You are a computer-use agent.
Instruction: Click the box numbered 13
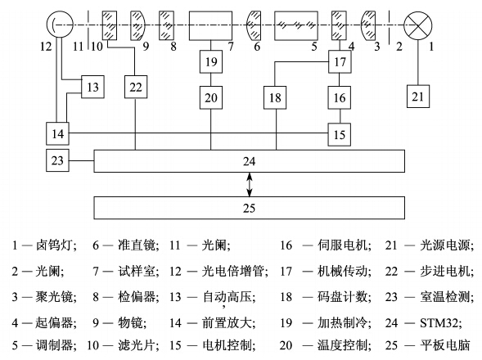pyautogui.click(x=92, y=87)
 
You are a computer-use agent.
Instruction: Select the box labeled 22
pyautogui.click(x=136, y=87)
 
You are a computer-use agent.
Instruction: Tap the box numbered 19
pyautogui.click(x=211, y=62)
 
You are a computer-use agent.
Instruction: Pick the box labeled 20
pyautogui.click(x=211, y=97)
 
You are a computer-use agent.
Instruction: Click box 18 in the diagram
pyautogui.click(x=275, y=97)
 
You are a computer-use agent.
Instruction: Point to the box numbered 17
pyautogui.click(x=340, y=62)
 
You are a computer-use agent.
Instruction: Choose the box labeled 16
pyautogui.click(x=340, y=97)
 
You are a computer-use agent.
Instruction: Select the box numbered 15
pyautogui.click(x=340, y=134)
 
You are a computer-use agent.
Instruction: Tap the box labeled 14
pyautogui.click(x=57, y=133)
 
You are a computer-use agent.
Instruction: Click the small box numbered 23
pyautogui.click(x=57, y=160)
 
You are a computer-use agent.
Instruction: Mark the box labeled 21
pyautogui.click(x=418, y=97)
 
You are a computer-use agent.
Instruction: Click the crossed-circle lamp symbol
pyautogui.click(x=417, y=25)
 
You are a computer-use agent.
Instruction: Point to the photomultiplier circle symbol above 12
pyautogui.click(x=60, y=25)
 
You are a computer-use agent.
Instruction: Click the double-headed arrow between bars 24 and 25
pyautogui.click(x=250, y=184)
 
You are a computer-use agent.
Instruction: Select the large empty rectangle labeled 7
pyautogui.click(x=210, y=26)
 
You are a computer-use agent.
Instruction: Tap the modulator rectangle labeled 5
pyautogui.click(x=296, y=26)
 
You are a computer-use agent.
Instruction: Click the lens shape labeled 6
pyautogui.click(x=255, y=26)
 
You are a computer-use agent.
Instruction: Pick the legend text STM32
pyautogui.click(x=440, y=323)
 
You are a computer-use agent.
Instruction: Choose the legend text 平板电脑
pyautogui.click(x=445, y=345)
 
